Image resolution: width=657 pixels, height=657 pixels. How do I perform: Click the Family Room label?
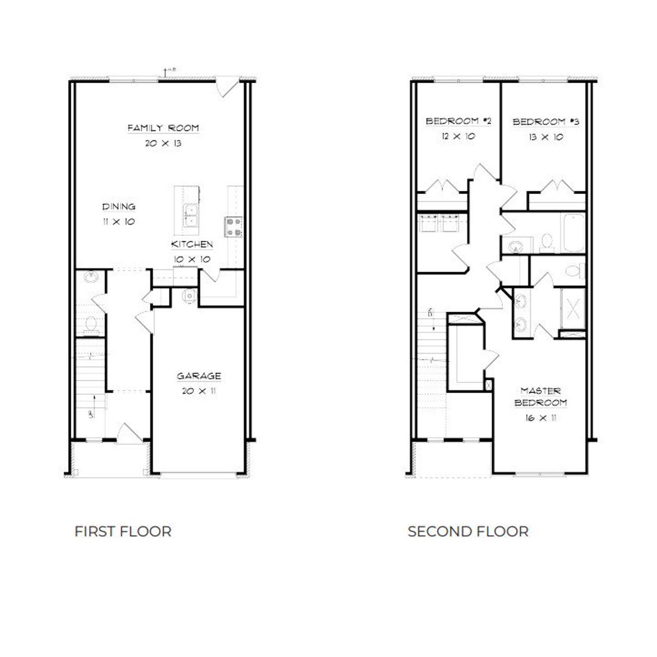[x=163, y=128]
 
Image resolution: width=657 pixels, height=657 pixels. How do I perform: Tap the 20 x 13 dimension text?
[x=163, y=143]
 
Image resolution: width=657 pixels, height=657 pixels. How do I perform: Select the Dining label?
[x=119, y=207]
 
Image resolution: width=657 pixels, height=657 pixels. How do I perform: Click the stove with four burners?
[x=234, y=227]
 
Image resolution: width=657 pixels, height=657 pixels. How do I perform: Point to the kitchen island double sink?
[x=191, y=216]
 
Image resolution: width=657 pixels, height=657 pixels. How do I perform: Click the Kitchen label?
[x=192, y=244]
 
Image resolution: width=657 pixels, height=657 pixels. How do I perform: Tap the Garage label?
[x=199, y=376]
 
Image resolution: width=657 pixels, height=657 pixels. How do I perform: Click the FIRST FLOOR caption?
[x=123, y=531]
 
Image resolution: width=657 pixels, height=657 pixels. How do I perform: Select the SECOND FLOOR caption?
[x=468, y=531]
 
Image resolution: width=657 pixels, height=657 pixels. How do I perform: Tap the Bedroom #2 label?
[x=458, y=122]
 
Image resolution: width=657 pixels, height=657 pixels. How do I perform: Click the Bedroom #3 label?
[x=546, y=122]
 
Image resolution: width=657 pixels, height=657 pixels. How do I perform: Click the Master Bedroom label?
[x=540, y=397]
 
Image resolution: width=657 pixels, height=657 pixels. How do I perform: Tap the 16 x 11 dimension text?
[x=540, y=418]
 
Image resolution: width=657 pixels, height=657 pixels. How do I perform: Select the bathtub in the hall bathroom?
[x=572, y=234]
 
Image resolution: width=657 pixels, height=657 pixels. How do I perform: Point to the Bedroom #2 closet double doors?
[x=442, y=186]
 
